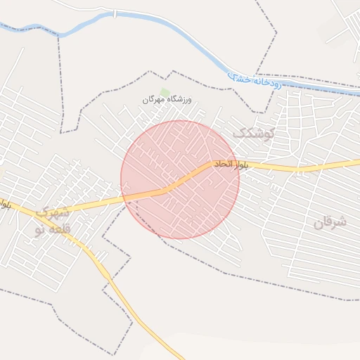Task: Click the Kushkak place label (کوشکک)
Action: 254,131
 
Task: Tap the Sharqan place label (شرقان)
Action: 330,222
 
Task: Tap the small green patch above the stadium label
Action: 165,92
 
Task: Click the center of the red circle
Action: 180,179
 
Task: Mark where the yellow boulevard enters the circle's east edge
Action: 238,165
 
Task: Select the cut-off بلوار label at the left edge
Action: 5,205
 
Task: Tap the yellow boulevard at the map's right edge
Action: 357,162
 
